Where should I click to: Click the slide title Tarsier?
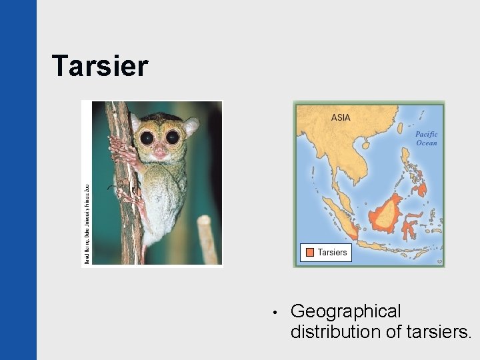[x=100, y=66]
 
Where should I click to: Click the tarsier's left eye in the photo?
[x=147, y=138]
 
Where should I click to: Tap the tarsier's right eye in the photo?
[x=172, y=138]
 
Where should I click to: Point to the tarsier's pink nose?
[x=160, y=153]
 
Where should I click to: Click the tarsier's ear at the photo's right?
[x=191, y=125]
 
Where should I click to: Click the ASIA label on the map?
[x=341, y=118]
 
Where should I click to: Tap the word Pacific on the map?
[x=426, y=134]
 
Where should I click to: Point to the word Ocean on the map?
[x=426, y=143]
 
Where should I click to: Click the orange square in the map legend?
[x=309, y=252]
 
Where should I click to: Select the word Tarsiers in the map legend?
[x=332, y=252]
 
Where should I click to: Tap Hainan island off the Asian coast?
[x=366, y=143]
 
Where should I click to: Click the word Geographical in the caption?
[x=346, y=311]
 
